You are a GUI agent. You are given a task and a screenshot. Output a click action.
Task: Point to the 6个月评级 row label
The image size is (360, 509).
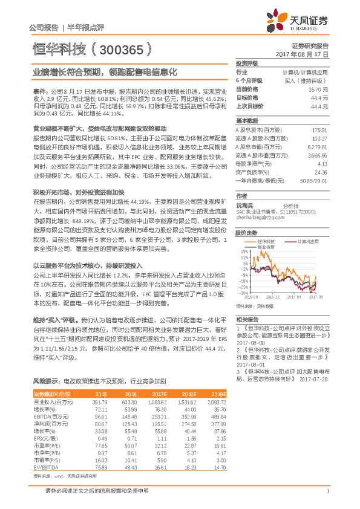click(249, 80)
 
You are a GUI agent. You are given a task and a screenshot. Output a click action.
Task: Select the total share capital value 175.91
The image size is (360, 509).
click(319, 130)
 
